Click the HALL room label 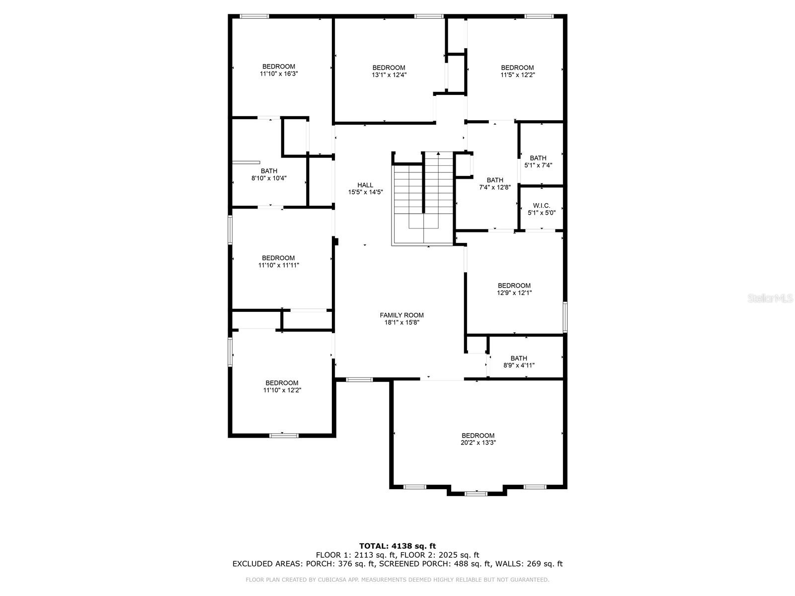365,185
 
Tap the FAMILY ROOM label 401,315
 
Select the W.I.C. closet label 541,206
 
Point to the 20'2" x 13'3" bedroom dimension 478,443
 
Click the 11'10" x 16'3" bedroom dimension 279,74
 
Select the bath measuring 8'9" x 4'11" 519,362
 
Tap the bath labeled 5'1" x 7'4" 538,161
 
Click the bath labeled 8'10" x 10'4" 269,174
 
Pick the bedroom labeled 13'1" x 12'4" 389,71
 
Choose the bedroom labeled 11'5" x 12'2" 517,71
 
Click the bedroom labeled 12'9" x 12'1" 514,289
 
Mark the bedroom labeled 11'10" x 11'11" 278,261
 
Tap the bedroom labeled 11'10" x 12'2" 282,386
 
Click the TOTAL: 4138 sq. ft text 397,546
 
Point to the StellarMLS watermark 770,298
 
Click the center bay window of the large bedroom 476,493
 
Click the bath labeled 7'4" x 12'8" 494,184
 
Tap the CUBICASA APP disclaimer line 397,580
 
